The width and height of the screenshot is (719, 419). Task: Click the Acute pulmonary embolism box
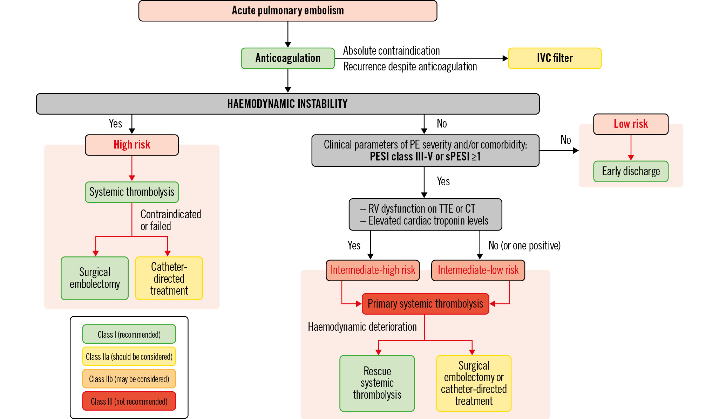[x=287, y=11]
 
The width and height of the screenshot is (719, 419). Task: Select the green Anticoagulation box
[x=288, y=58]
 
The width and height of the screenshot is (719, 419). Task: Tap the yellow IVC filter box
[x=555, y=58]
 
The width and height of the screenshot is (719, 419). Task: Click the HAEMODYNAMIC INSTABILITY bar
[x=287, y=104]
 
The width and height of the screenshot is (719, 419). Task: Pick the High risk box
[x=132, y=145]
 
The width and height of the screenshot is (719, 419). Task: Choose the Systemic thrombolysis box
[x=132, y=192]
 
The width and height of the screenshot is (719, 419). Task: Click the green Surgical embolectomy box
[x=95, y=278]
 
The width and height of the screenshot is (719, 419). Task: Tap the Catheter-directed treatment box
[x=169, y=278]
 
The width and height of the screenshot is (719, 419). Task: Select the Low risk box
[x=631, y=124]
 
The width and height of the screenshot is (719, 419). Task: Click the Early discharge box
[x=631, y=171]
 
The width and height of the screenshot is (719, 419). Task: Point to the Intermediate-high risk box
[x=373, y=270]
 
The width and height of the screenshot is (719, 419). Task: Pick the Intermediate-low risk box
[x=478, y=270]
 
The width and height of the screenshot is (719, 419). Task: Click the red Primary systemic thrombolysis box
[x=425, y=304]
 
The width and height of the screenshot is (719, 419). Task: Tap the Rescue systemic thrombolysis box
[x=377, y=383]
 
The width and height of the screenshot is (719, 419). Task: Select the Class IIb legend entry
[x=129, y=379]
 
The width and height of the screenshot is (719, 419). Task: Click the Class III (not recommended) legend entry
[x=129, y=401]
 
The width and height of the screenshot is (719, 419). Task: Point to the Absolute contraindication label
[x=391, y=51]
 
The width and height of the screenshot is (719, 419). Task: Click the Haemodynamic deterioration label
[x=362, y=327]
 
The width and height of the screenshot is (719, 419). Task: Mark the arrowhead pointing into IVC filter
[x=505, y=59]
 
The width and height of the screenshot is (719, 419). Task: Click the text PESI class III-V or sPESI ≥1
[x=425, y=157]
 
